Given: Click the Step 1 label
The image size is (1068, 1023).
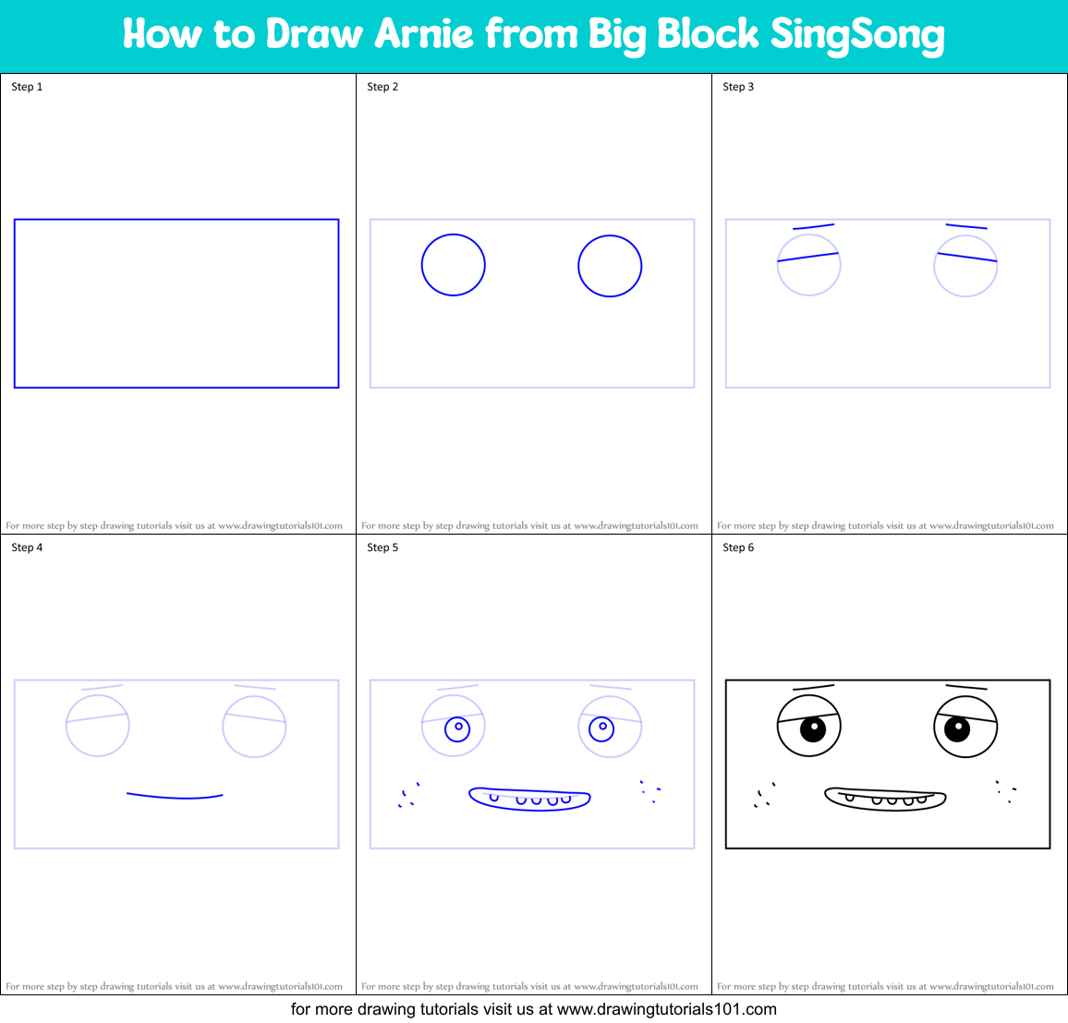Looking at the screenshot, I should pyautogui.click(x=27, y=87).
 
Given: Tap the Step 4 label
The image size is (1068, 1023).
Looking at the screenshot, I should pyautogui.click(x=27, y=548).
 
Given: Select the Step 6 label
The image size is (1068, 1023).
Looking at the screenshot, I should pyautogui.click(x=738, y=548).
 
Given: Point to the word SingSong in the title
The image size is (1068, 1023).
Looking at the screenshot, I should pyautogui.click(x=857, y=35).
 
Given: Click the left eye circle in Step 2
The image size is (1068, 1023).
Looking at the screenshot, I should pyautogui.click(x=454, y=265).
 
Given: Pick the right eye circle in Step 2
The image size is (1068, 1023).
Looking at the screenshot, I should pyautogui.click(x=610, y=266).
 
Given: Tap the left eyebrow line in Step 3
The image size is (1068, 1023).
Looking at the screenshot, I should pyautogui.click(x=813, y=226).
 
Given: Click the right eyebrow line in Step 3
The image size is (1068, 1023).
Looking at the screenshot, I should pyautogui.click(x=966, y=226).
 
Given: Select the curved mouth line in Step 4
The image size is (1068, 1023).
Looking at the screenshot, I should pyautogui.click(x=175, y=796).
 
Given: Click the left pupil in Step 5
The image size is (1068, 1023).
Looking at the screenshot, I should pyautogui.click(x=457, y=728).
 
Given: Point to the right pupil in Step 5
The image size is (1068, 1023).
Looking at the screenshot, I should pyautogui.click(x=601, y=728).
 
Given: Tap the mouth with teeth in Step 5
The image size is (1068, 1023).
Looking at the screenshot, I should pyautogui.click(x=530, y=799).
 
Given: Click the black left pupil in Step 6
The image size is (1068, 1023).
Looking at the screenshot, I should pyautogui.click(x=812, y=728).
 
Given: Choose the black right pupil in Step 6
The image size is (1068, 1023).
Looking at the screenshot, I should pyautogui.click(x=957, y=728).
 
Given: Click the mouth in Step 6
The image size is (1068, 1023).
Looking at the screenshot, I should pyautogui.click(x=885, y=799).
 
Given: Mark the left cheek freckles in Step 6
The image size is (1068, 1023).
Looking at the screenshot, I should pyautogui.click(x=764, y=796).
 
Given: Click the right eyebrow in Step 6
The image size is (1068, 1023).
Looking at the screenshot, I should pyautogui.click(x=966, y=688).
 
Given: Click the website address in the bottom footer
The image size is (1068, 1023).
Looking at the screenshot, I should pyautogui.click(x=667, y=1009).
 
